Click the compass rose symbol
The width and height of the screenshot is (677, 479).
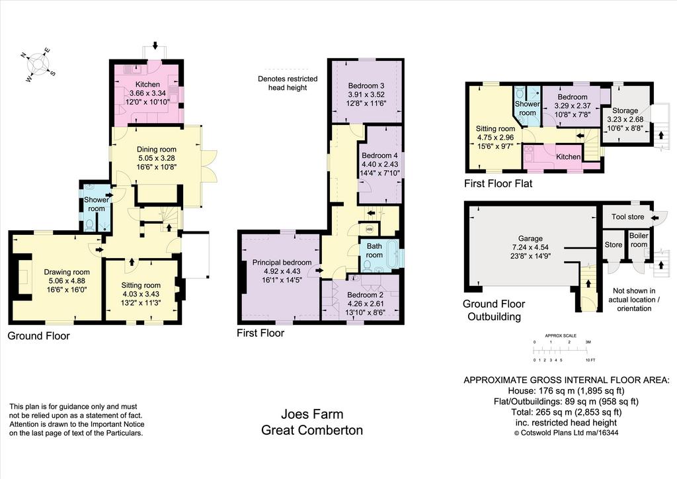38,65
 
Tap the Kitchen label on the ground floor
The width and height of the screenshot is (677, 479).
147,84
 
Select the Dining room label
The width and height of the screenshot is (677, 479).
156,150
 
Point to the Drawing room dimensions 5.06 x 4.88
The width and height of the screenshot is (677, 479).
67,281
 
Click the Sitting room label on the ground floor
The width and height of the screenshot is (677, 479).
141,285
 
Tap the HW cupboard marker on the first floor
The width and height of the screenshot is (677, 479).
370,230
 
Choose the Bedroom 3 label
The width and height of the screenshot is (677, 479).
366,85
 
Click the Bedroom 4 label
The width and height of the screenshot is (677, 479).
379,155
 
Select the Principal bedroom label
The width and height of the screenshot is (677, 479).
282,262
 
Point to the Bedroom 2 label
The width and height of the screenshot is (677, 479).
365,295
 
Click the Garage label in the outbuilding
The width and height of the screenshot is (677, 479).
530,238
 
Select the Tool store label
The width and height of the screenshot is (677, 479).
628,217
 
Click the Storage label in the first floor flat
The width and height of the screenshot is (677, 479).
625,110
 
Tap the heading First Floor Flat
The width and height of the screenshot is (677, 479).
498,183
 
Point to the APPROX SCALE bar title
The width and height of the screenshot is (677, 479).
561,335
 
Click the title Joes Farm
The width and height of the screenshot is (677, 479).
312,414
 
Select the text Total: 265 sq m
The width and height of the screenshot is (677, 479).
542,412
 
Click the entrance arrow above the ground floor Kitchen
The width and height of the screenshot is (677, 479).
155,46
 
